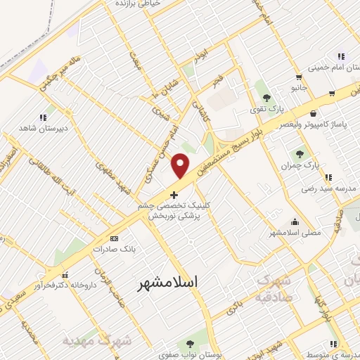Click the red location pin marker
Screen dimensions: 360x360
[181, 166]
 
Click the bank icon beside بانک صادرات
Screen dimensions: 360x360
[95, 249]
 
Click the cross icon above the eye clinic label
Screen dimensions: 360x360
[174, 194]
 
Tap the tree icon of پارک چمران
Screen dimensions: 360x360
[300, 153]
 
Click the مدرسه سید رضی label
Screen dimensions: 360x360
[326, 189]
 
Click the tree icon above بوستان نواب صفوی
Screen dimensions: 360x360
[189, 344]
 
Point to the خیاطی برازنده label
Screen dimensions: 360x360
[141, 4]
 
